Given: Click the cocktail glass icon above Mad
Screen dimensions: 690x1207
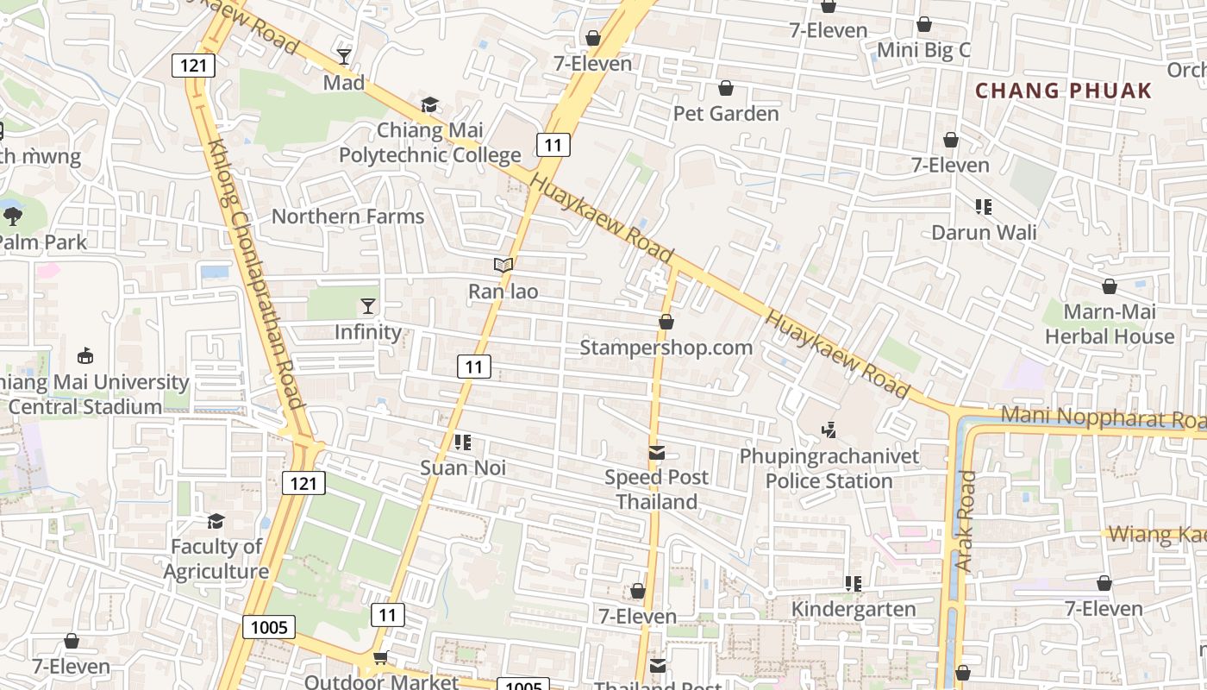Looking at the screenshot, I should (344, 57).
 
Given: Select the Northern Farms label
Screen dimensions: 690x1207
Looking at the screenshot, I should (348, 216).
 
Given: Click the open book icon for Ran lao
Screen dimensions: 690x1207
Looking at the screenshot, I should (503, 265).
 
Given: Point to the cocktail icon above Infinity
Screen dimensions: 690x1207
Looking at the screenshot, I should (368, 306).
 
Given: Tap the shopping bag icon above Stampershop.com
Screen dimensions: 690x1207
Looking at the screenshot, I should (666, 322).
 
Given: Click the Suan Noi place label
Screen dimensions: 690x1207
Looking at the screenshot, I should (463, 467).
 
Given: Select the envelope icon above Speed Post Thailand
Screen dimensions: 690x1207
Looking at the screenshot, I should (657, 452).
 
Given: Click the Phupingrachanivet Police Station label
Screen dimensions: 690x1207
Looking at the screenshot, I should (829, 468).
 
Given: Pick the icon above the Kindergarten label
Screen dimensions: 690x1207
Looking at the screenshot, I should (854, 584).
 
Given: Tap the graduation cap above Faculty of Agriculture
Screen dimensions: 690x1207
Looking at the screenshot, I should (216, 521).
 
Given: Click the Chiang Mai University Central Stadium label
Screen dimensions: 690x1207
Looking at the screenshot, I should (91, 394).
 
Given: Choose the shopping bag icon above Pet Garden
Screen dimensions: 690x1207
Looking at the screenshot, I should (726, 88).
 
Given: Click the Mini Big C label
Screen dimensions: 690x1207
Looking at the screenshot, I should (923, 50).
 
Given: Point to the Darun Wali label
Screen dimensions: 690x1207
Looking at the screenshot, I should (984, 232).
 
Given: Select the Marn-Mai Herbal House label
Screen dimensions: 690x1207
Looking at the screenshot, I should (1109, 324).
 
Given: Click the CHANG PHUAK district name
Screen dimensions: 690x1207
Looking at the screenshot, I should (1063, 91).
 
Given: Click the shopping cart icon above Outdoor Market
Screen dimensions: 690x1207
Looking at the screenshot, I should (380, 658).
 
